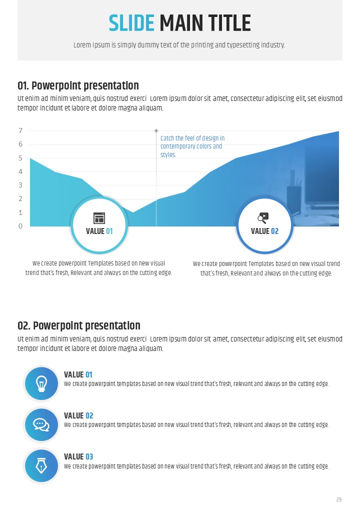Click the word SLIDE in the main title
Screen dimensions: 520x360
131,23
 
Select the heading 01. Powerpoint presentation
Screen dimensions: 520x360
78,86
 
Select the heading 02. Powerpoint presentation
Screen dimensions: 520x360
79,326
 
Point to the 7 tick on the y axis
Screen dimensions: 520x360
20,131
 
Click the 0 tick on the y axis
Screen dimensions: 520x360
20,226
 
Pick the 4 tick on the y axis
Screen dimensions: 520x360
20,171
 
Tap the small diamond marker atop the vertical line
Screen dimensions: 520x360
156,130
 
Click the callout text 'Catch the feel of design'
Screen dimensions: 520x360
192,138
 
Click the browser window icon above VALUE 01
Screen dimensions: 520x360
99,218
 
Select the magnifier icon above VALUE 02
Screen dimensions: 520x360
263,217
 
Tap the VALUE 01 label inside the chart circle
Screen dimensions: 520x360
99,231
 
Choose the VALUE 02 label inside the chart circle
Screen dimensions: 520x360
264,231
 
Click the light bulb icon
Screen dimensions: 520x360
41,383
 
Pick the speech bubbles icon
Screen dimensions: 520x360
41,424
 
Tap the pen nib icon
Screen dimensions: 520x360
41,465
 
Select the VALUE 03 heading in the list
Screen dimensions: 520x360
78,456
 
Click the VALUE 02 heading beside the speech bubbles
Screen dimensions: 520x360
78,415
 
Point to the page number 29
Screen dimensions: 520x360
339,499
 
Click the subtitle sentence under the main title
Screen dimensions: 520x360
179,45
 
